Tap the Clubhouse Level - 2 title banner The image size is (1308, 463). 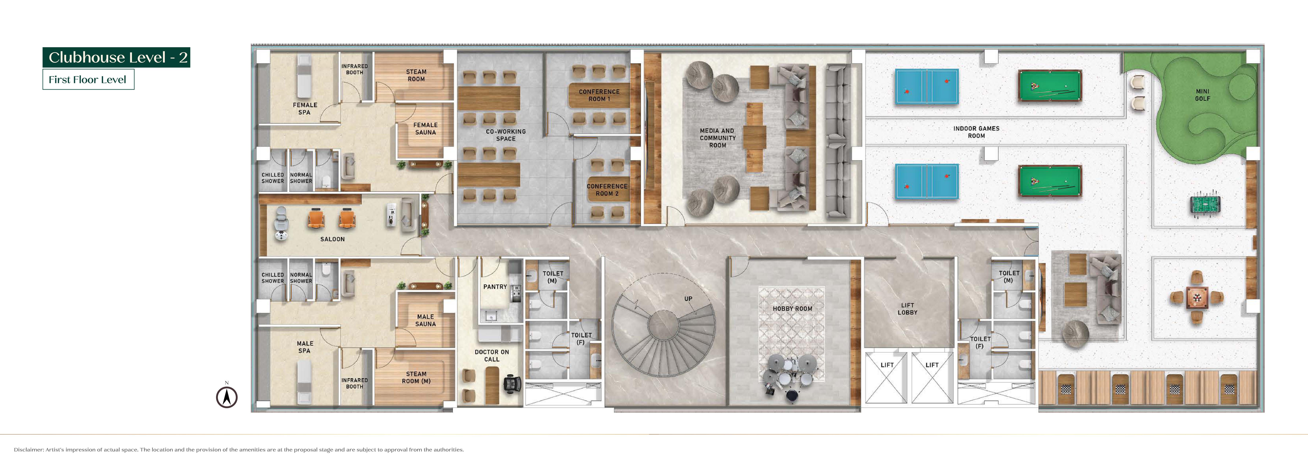tap(116, 57)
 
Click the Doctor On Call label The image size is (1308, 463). tap(492, 355)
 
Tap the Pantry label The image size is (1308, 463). tap(495, 287)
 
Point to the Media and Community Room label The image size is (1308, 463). tap(718, 138)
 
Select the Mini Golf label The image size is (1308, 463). tap(1202, 95)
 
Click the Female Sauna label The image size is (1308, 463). tap(426, 129)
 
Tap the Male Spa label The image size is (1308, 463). tap(305, 347)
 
